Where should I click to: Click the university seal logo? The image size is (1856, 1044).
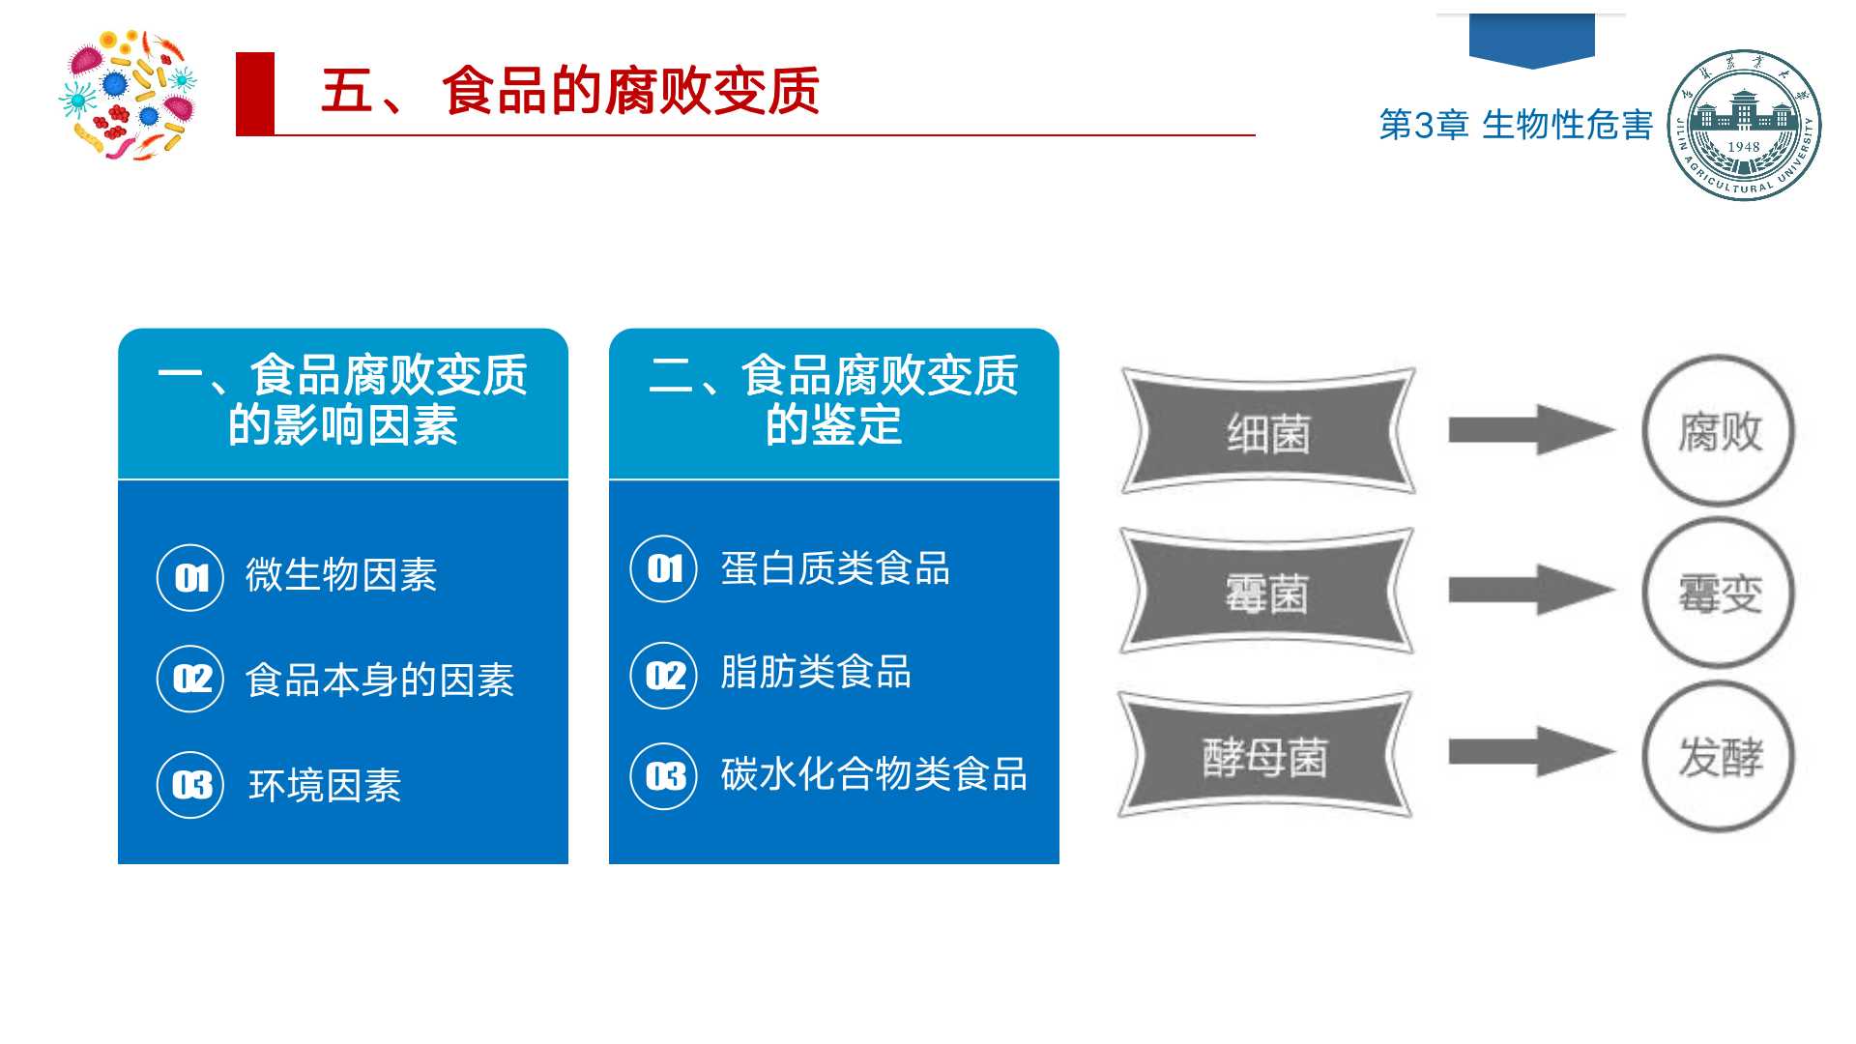pos(1744,125)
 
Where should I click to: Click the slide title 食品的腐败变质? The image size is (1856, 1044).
pos(630,91)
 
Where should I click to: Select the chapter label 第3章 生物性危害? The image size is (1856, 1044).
pos(1516,125)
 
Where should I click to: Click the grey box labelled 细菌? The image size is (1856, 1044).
pos(1267,431)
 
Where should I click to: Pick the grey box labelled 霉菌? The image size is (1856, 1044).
pos(1267,592)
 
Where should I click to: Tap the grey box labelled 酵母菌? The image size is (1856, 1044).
pos(1266,755)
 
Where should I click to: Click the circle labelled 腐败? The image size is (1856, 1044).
pos(1719,430)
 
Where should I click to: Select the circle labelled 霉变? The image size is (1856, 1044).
pos(1719,592)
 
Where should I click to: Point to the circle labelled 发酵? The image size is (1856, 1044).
pos(1719,755)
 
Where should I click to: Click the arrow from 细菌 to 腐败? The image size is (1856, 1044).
pos(1531,429)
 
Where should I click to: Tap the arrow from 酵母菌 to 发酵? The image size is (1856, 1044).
pos(1531,752)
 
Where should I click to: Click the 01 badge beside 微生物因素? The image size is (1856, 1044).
pos(190,578)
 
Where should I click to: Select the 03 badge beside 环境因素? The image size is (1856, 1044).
pos(190,785)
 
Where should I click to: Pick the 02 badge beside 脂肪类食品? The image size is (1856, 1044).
pos(664,675)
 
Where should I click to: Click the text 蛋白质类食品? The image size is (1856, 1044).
pos(835,568)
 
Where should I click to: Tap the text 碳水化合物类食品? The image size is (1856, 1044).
pos(874,774)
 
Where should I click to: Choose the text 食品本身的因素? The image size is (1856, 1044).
pos(380,680)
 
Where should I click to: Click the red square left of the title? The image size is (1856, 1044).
pos(255,94)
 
